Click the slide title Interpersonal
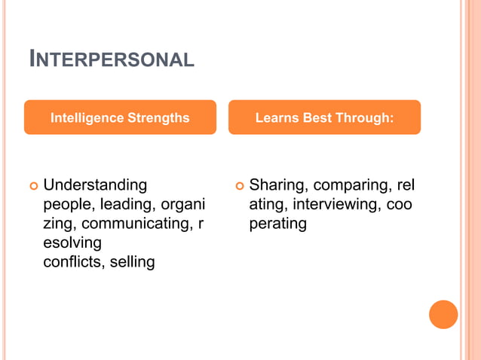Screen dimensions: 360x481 pyautogui.click(x=112, y=59)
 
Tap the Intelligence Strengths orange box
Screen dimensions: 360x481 pyautogui.click(x=120, y=117)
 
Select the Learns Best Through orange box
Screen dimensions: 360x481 pyautogui.click(x=324, y=117)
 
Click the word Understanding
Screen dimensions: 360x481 pyautogui.click(x=95, y=185)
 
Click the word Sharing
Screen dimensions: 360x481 pyautogui.click(x=277, y=185)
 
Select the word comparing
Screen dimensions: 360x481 pyautogui.click(x=351, y=185)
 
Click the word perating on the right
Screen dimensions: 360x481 pyautogui.click(x=277, y=224)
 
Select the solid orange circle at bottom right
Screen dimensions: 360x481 pyautogui.click(x=443, y=315)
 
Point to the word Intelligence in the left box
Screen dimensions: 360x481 pyautogui.click(x=87, y=117)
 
